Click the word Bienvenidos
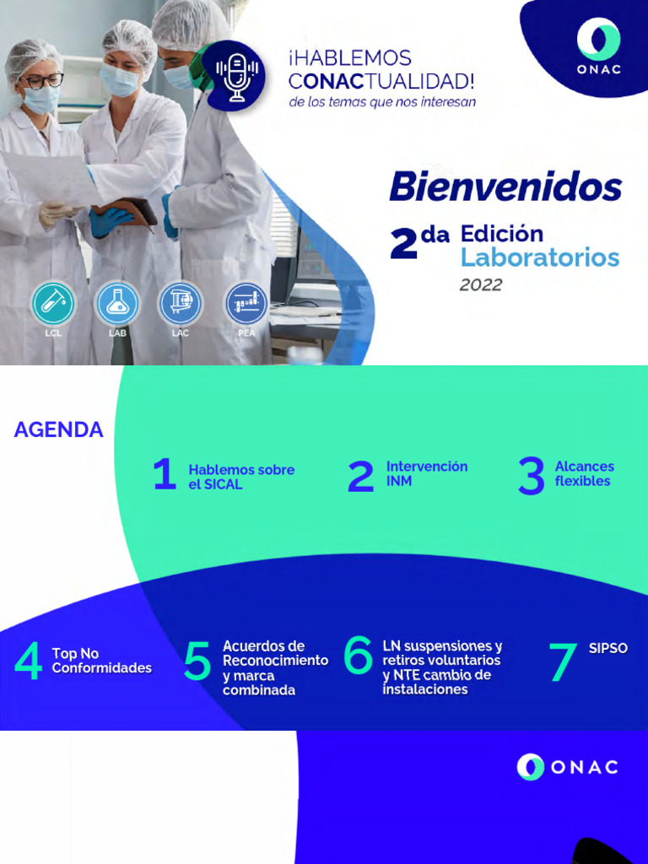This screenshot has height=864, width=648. click(505, 187)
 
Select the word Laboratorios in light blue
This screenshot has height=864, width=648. click(540, 257)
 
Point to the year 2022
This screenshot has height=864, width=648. click(481, 285)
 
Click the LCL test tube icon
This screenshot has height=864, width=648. click(53, 304)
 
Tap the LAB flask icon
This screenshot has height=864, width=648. click(117, 304)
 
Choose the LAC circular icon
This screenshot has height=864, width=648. click(181, 304)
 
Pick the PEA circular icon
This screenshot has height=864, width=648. click(246, 304)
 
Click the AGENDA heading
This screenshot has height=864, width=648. click(58, 430)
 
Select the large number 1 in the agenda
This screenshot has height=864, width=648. click(165, 475)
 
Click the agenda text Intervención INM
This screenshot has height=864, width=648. click(426, 473)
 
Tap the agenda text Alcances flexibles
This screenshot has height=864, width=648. click(584, 473)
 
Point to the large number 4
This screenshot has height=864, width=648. click(29, 662)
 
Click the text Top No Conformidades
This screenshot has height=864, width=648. click(101, 661)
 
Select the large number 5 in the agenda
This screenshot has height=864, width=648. click(197, 662)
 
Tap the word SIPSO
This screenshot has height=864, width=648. click(607, 649)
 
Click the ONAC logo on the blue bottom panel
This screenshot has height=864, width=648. click(567, 767)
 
